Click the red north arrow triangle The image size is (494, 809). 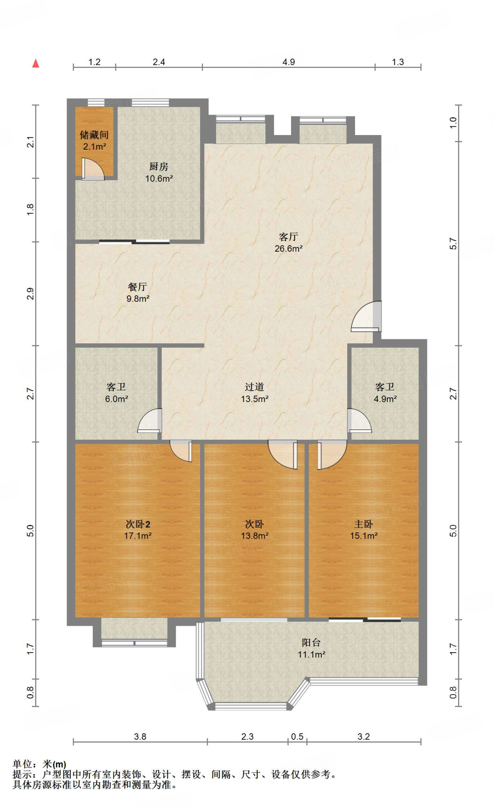point(36,63)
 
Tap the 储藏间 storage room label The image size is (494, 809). point(94,135)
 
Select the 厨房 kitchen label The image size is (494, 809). point(159,167)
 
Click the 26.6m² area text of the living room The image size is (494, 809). point(289,248)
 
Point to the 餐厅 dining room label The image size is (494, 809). point(137,287)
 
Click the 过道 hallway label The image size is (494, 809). point(254,387)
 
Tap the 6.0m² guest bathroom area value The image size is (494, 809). point(116,399)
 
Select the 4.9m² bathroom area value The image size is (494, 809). point(385,399)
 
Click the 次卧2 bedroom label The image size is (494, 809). point(138,524)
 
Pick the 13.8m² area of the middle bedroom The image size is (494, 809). point(255,536)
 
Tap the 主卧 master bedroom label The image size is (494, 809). point(364,524)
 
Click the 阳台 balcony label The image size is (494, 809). point(311,643)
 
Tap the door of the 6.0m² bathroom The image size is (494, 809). point(150,420)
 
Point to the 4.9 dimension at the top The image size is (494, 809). point(289,62)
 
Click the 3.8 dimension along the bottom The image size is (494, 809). point(140,737)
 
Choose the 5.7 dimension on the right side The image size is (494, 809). point(453,244)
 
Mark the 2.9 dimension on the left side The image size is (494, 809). point(30,294)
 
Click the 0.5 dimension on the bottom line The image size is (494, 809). point(297,737)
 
